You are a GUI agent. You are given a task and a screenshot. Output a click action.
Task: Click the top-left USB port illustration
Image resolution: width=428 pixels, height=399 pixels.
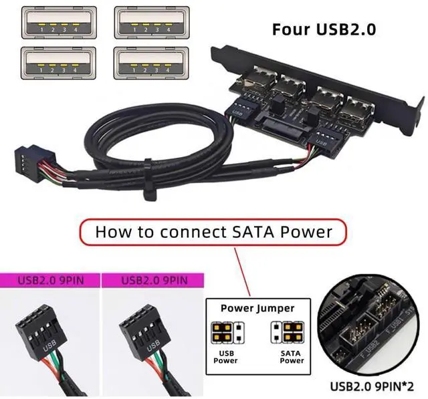pos(58,22)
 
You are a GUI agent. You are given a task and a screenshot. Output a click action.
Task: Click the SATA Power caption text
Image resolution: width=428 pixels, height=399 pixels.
pos(292,356)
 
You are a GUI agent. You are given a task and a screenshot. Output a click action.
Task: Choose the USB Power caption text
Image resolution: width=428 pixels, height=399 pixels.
pos(225,356)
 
